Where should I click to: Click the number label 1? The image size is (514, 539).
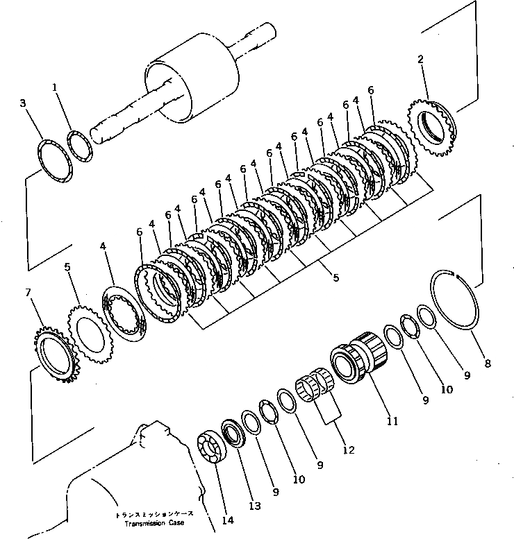click(55, 88)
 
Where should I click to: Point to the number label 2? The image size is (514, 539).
click(420, 60)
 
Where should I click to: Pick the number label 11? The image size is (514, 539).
click(392, 420)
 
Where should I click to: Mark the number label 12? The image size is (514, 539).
click(348, 450)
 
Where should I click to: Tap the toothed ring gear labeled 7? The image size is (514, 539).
click(54, 357)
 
